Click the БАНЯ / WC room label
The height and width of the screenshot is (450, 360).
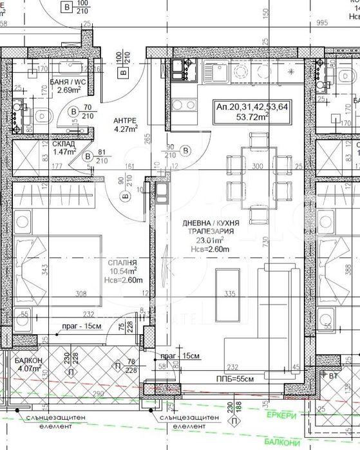click(67, 82)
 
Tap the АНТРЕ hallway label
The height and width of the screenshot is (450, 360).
click(126, 120)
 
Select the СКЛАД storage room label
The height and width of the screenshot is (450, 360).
click(64, 145)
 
